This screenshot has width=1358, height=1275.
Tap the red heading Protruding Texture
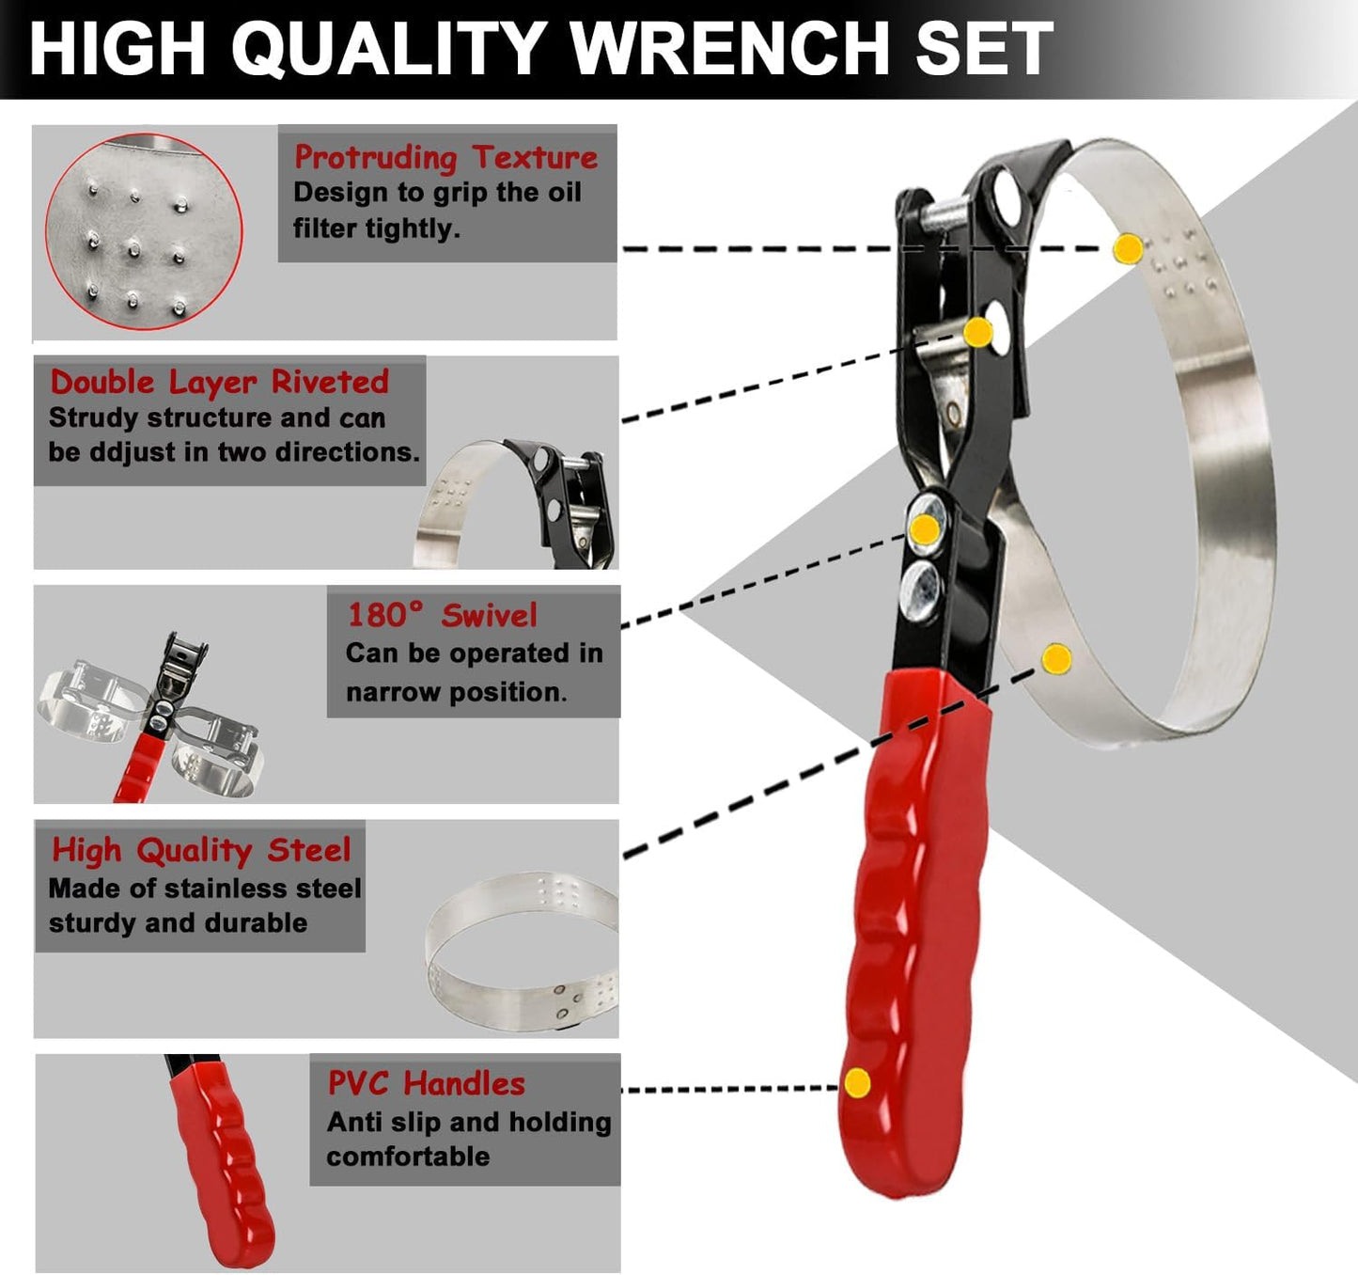tap(445, 157)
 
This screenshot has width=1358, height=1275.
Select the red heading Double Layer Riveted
tap(219, 382)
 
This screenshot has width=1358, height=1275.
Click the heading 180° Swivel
tap(442, 615)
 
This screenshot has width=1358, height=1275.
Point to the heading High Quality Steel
tap(201, 850)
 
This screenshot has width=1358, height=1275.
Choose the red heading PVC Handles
tap(426, 1083)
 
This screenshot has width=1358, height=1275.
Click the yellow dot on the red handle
tap(857, 1082)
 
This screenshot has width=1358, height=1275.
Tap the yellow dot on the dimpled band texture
tap(1128, 248)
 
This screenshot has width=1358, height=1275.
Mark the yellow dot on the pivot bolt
tap(926, 529)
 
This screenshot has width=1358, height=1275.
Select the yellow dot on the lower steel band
tap(1057, 658)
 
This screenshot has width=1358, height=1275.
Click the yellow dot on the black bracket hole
tap(978, 332)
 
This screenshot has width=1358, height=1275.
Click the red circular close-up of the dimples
tap(144, 231)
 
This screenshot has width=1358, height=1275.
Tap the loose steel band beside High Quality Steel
tap(522, 952)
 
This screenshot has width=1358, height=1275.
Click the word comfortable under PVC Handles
tap(408, 1157)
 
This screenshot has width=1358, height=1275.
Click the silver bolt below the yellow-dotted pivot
tap(921, 590)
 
